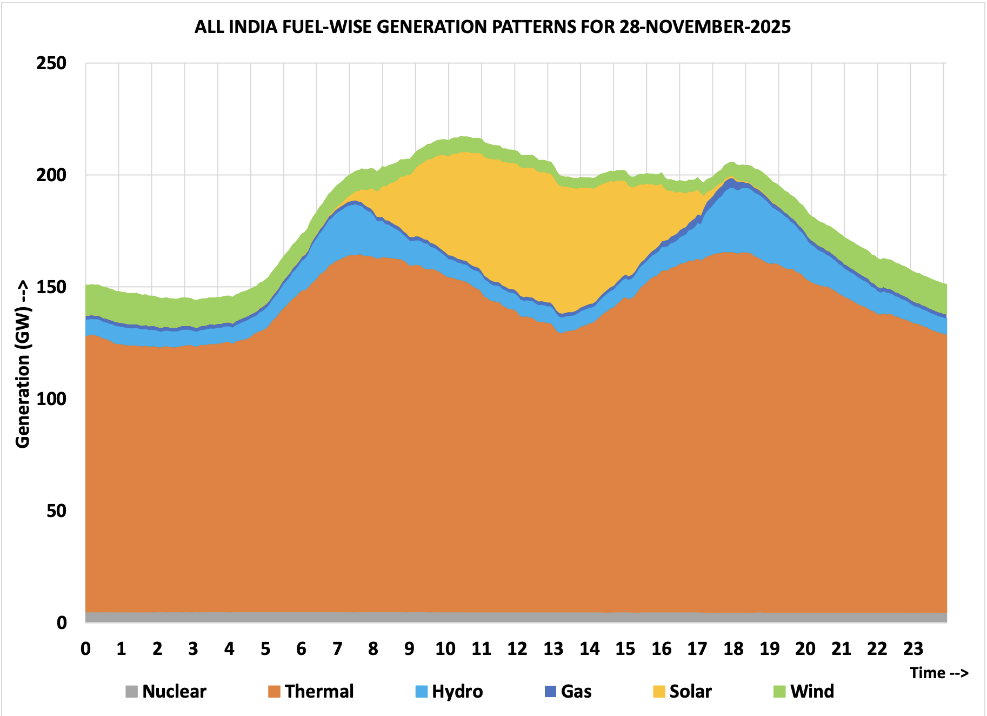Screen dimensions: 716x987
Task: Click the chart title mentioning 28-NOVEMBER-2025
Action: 492,26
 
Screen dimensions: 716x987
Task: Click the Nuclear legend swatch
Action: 131,691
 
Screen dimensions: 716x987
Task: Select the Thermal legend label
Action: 319,691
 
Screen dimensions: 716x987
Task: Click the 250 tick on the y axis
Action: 51,63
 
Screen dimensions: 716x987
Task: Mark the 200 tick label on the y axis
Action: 51,175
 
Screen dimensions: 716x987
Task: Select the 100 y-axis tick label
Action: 51,399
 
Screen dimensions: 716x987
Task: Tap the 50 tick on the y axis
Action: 56,511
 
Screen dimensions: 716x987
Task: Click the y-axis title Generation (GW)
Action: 23,364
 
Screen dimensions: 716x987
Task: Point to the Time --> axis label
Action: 939,673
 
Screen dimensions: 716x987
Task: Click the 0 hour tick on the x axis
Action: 85,648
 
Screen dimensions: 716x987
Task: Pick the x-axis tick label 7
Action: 337,648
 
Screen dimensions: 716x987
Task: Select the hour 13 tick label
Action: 553,648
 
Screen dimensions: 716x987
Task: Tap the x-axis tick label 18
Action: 733,648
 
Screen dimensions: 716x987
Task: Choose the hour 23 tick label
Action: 913,648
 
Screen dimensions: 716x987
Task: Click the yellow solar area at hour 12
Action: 516,227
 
